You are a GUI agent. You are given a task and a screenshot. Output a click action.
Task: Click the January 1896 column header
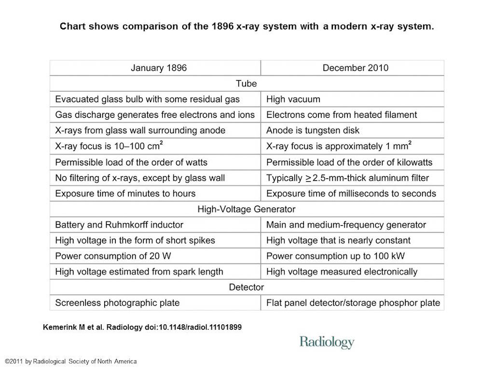pos(159,68)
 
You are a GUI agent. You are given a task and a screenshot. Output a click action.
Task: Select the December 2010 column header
pos(355,68)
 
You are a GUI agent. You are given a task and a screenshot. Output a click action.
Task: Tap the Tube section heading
pos(246,84)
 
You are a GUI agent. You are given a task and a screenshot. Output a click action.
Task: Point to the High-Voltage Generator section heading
pos(246,209)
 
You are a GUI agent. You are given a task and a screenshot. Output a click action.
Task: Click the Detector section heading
pos(246,287)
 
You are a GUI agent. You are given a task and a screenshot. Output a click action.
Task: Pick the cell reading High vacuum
pos(293,100)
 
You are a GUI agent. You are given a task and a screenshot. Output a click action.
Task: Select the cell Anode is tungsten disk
pos(313,130)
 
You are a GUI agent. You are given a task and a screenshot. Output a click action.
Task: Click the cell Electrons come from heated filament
pos(342,115)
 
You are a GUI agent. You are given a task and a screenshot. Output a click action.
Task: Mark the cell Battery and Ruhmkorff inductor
pos(119,225)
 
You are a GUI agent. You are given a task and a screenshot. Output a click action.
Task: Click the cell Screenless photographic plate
pos(117,303)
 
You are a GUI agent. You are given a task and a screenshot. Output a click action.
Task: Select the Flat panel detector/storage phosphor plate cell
pos(353,303)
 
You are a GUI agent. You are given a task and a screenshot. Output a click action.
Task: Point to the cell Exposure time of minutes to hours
pos(125,193)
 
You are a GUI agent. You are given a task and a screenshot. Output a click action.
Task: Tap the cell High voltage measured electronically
pos(342,271)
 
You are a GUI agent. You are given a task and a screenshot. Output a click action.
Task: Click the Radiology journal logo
pos(327,342)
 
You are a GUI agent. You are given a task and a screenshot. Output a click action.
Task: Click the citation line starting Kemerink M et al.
pos(142,327)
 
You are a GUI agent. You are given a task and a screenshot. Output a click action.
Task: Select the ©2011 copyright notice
pos(70,361)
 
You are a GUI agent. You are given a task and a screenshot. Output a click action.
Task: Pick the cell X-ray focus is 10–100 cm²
pos(115,146)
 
